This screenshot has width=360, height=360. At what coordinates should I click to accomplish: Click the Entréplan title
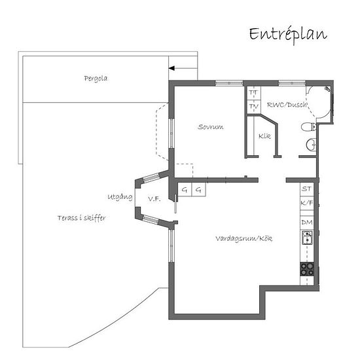[x=288, y=35]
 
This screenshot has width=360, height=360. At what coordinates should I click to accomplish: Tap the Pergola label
[x=96, y=79]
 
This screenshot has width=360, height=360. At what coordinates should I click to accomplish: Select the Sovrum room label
[x=211, y=127]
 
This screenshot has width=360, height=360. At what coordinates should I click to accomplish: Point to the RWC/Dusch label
[x=287, y=105]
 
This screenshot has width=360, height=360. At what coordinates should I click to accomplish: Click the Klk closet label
[x=264, y=136]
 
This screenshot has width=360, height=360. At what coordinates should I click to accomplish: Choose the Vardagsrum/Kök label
[x=244, y=238]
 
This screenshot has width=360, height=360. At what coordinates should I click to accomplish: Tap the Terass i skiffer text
[x=82, y=218]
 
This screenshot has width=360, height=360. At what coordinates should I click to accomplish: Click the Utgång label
[x=120, y=197]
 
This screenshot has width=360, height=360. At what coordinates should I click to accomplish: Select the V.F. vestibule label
[x=154, y=199]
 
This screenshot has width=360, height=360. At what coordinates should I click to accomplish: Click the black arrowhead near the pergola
[x=171, y=68]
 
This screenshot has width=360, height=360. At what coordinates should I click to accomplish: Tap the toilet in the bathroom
[x=309, y=127]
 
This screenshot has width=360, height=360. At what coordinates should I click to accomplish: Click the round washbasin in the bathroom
[x=311, y=145]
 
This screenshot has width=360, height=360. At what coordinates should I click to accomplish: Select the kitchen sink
[x=307, y=238]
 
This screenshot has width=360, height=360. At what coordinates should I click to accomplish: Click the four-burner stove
[x=307, y=269]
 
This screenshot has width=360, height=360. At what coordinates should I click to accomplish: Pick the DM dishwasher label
[x=307, y=223]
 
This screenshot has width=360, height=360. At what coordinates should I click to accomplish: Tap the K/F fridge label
[x=307, y=203]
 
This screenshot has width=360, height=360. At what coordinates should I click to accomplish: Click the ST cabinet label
[x=307, y=189]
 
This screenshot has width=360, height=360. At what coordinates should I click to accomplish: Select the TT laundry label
[x=254, y=92]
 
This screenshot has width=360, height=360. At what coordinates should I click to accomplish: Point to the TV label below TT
[x=254, y=107]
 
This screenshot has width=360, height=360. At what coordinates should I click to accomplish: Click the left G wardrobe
[x=185, y=190]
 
